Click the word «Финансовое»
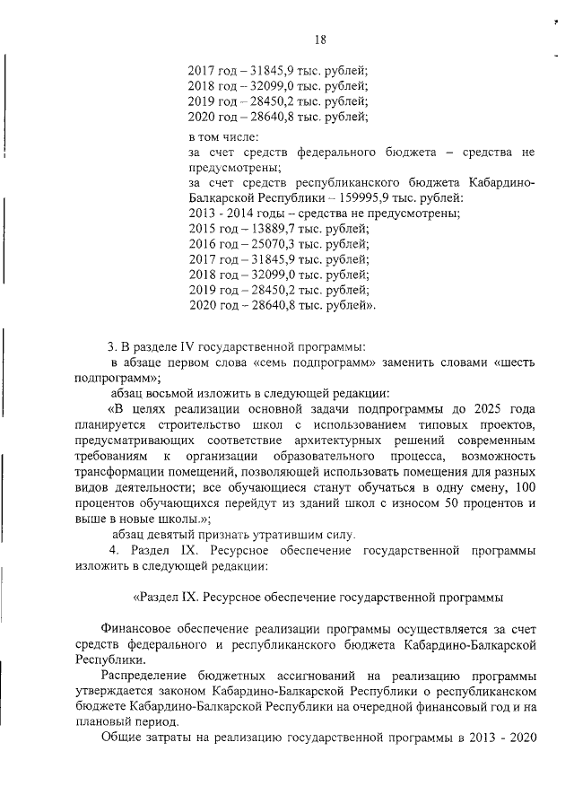(x=141, y=628)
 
